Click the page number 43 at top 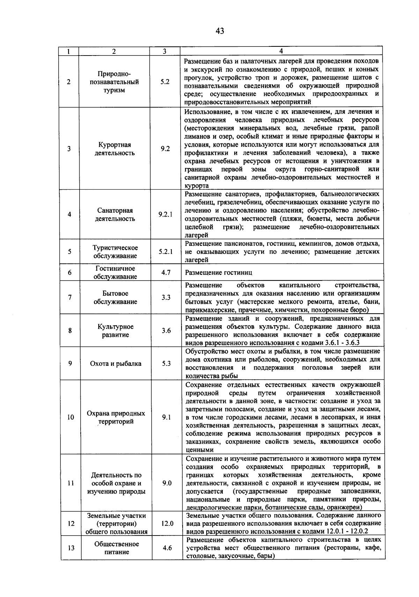coord(220,31)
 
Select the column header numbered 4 coord(281,51)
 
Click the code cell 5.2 coord(165,82)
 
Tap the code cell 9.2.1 coord(166,214)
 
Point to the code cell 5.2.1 coord(166,252)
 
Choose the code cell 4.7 coord(166,272)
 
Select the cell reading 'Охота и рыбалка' coord(116,363)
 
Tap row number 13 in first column coord(71,548)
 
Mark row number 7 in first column coord(70,297)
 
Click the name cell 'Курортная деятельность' coord(115,149)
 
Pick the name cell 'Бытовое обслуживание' coord(115,297)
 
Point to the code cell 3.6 coord(166,330)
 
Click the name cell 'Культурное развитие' coord(115,330)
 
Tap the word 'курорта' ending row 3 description coord(197,186)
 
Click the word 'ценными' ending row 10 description coord(199,450)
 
